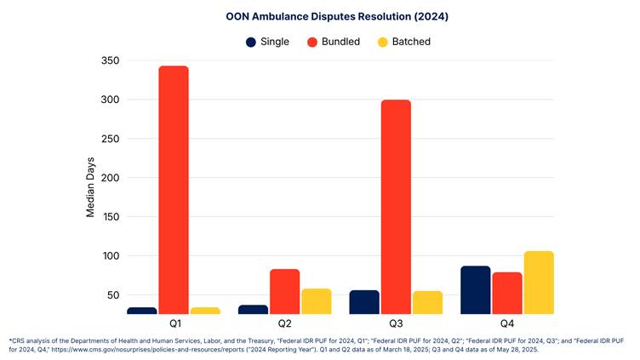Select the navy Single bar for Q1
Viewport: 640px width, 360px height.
tap(142, 311)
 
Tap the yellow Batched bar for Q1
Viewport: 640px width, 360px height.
tap(205, 311)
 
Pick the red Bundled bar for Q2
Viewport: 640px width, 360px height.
tap(284, 292)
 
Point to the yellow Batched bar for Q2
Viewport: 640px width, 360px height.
tap(316, 301)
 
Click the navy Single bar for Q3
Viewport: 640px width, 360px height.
tap(364, 302)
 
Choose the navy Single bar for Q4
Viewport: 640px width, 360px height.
tap(475, 290)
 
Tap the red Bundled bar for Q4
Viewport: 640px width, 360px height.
tap(506, 293)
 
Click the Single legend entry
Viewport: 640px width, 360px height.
tap(267, 42)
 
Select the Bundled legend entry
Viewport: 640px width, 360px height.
tap(333, 42)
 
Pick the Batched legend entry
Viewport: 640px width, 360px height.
tap(403, 42)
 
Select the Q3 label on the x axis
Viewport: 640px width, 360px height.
tap(396, 324)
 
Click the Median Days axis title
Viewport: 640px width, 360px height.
tap(90, 186)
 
